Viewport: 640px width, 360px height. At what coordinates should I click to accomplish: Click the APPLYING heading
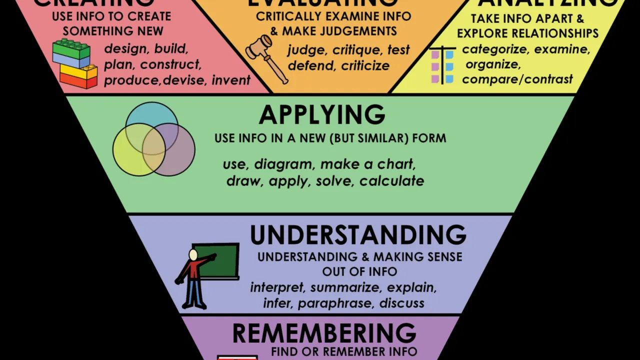click(x=322, y=115)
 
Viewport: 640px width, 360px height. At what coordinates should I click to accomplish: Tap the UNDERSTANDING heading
click(x=358, y=235)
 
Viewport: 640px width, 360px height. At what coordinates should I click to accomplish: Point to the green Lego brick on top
click(x=71, y=49)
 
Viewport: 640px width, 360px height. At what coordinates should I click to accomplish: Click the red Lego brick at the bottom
click(x=78, y=80)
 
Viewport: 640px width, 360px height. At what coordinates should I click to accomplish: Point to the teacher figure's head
click(x=193, y=255)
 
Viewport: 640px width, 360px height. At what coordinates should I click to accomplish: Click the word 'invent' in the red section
click(x=231, y=80)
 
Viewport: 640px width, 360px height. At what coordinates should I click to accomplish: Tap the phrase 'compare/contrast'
click(x=517, y=79)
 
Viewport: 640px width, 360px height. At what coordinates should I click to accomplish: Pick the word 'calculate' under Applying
click(x=391, y=180)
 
